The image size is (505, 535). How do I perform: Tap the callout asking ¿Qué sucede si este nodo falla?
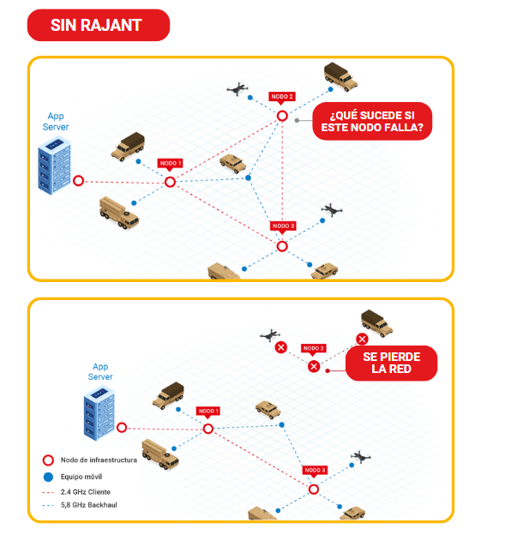click(372, 121)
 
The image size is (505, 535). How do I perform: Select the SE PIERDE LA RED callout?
click(391, 363)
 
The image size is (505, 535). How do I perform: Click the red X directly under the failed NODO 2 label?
click(314, 366)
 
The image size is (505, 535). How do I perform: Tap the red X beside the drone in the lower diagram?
click(280, 347)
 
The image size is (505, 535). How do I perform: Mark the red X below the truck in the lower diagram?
click(362, 340)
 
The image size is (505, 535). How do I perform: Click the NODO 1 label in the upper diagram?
click(170, 163)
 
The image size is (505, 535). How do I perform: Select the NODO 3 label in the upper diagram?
click(283, 226)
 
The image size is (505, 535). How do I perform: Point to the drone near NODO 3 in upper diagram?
click(332, 210)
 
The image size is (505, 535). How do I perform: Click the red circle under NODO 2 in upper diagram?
click(282, 115)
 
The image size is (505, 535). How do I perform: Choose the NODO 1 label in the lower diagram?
click(208, 411)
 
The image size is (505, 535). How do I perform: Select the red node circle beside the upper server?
click(78, 181)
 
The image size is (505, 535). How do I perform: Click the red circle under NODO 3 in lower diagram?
click(314, 489)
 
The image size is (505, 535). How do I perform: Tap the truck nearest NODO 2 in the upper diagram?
click(340, 76)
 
